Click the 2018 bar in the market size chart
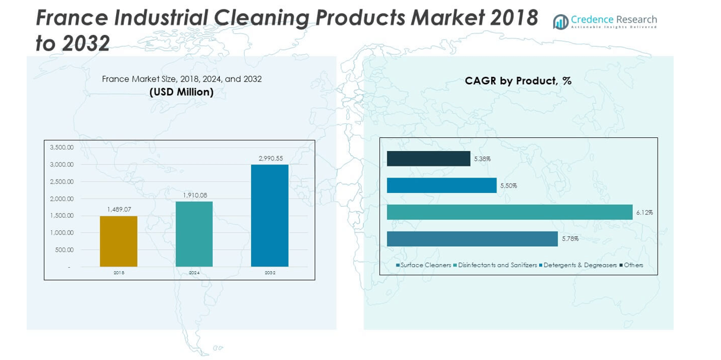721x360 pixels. [x=118, y=242]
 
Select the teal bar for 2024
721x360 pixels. [x=194, y=234]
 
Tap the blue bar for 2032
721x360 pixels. [x=270, y=216]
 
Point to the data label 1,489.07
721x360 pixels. [x=118, y=210]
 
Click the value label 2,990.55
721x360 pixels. [x=270, y=158]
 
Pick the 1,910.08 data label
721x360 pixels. [x=194, y=195]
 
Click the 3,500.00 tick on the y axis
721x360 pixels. [x=62, y=147]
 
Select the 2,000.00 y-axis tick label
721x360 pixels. [x=62, y=199]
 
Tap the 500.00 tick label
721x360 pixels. [x=64, y=250]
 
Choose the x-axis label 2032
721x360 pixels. [x=270, y=273]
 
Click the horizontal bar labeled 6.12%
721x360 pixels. [x=509, y=212]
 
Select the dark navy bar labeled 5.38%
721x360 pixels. [x=428, y=159]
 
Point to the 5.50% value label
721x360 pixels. [x=508, y=186]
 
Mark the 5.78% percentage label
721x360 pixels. [x=570, y=239]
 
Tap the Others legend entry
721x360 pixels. [x=633, y=265]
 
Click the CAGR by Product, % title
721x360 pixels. [x=518, y=81]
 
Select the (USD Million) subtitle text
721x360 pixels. [x=181, y=92]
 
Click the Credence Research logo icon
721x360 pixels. [x=560, y=22]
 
